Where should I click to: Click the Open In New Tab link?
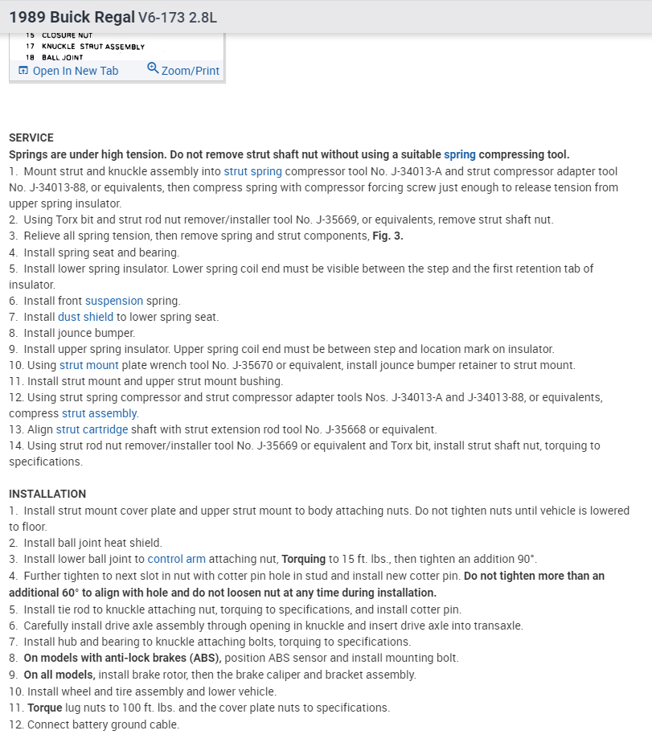75,71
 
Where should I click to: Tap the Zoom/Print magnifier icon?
153,69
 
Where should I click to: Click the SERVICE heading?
31,137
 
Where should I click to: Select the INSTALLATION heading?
47,494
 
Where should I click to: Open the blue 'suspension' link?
114,301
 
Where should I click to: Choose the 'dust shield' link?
85,317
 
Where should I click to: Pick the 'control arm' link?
177,559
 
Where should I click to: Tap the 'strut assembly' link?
100,413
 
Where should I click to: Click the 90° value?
527,559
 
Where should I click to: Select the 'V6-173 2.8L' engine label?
177,17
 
